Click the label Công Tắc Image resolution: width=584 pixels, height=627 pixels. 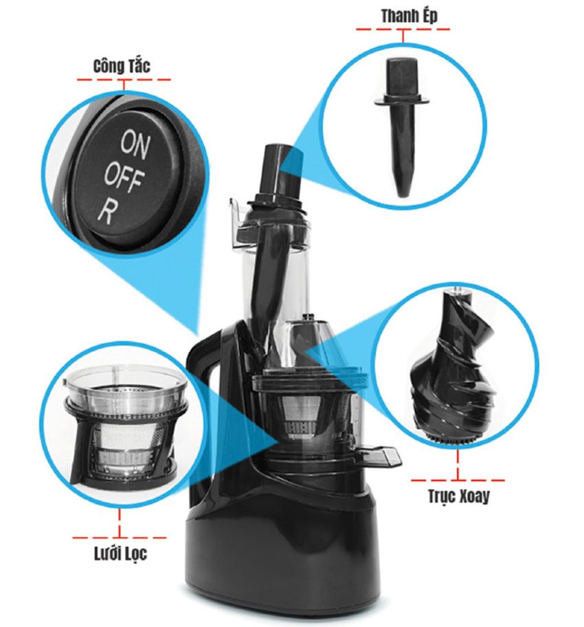pyautogui.click(x=122, y=67)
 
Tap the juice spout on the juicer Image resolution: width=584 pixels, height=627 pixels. pyautogui.click(x=379, y=454)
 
